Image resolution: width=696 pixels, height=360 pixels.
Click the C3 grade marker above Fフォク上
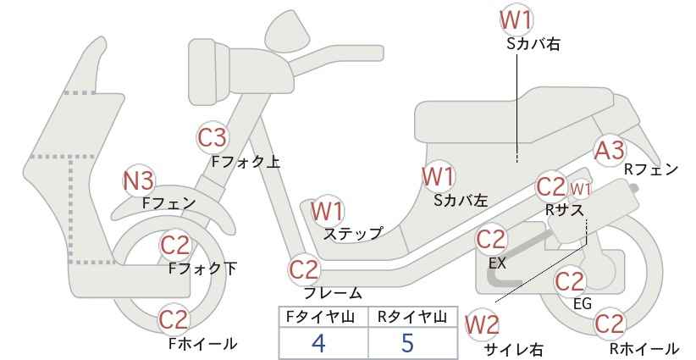(x=213, y=137)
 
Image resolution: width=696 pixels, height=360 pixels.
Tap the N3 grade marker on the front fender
(x=139, y=181)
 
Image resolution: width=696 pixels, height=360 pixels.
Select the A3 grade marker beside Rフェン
(x=610, y=150)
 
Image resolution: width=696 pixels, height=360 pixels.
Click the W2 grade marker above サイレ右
(x=482, y=325)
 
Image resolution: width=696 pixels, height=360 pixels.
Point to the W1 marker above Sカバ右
(x=516, y=20)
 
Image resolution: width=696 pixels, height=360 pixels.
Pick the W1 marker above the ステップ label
(x=327, y=211)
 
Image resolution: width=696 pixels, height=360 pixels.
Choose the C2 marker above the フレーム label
(x=305, y=269)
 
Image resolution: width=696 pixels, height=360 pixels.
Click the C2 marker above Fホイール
(x=174, y=319)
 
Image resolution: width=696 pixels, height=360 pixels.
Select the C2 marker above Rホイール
(x=609, y=324)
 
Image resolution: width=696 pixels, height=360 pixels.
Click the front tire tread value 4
(x=318, y=343)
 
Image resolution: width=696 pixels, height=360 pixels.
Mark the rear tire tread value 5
(x=407, y=343)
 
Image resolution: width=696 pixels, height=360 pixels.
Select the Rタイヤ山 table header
(x=412, y=317)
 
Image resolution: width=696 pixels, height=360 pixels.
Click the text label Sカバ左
(x=461, y=201)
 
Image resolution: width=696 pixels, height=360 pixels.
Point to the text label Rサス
(x=565, y=209)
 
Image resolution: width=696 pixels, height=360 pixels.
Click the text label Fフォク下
(x=203, y=269)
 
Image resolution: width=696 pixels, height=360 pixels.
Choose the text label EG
(x=583, y=303)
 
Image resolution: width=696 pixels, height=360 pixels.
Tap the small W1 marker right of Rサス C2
(x=580, y=189)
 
